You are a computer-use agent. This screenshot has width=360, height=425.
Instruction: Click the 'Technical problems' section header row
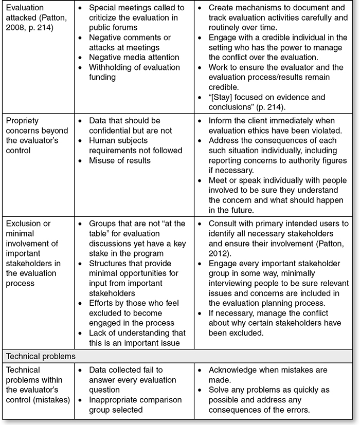41,356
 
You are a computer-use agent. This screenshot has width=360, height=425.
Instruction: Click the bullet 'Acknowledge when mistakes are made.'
275,375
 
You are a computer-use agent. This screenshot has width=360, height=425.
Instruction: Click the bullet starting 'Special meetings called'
136,17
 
